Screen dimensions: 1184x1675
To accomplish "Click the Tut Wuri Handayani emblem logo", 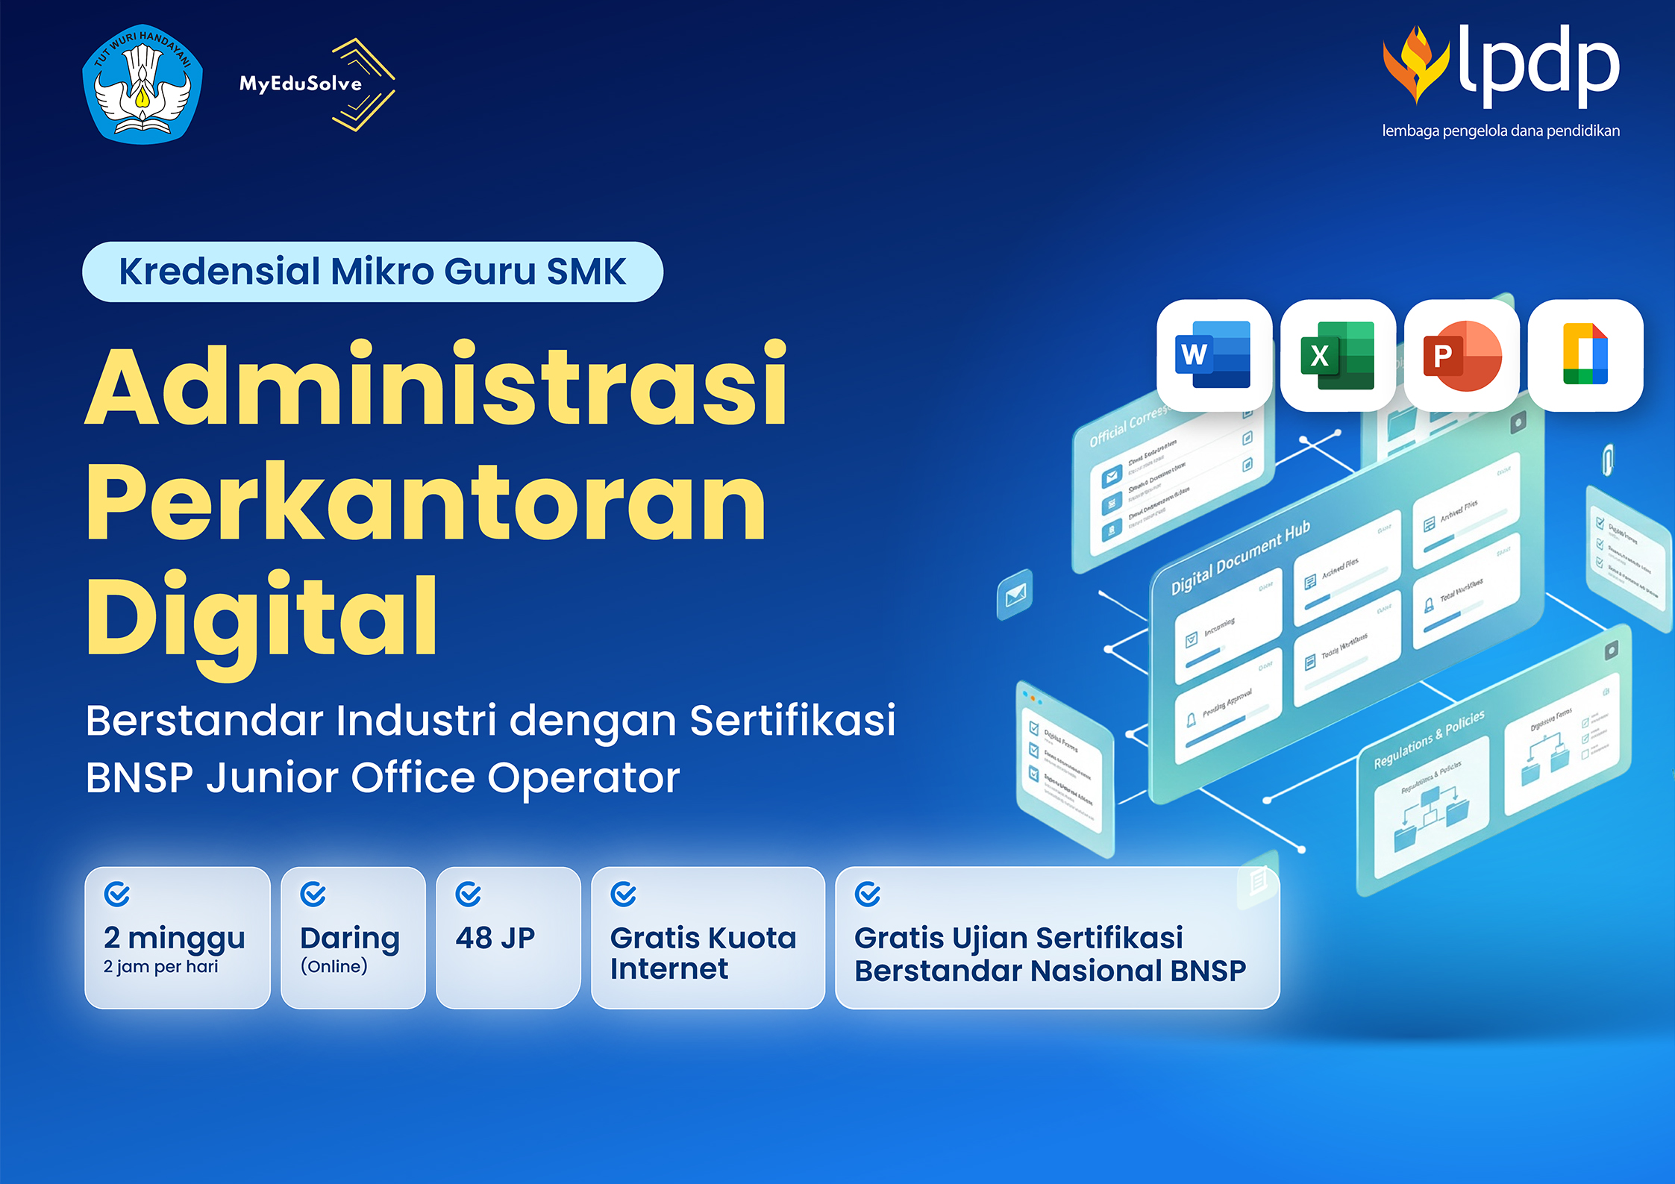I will point(142,84).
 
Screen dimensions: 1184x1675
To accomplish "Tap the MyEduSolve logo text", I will point(300,84).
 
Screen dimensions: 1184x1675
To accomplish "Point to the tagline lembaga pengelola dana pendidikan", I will point(1500,131).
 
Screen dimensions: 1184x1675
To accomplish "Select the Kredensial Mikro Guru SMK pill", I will point(372,272).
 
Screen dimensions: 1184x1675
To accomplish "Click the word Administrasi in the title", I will point(436,386).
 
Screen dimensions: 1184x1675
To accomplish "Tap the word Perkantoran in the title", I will point(426,502).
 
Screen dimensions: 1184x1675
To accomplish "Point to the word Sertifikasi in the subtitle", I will point(792,721).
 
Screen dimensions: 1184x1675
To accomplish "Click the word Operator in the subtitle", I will point(583,778).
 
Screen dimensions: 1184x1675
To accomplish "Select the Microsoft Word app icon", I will point(1213,355).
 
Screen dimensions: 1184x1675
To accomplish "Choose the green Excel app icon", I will point(1338,355).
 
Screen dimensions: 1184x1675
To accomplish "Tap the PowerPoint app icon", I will point(1462,355).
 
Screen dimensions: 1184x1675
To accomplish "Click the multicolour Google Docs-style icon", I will point(1585,355).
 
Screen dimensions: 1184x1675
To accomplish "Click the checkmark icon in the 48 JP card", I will point(469,894).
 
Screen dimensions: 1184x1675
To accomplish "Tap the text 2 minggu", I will point(175,938).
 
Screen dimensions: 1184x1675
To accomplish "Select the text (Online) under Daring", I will point(334,967).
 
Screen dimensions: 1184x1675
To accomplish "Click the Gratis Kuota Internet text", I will point(703,953).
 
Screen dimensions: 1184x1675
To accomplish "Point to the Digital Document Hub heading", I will point(1240,558).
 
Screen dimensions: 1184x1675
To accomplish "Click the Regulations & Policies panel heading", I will point(1429,739).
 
